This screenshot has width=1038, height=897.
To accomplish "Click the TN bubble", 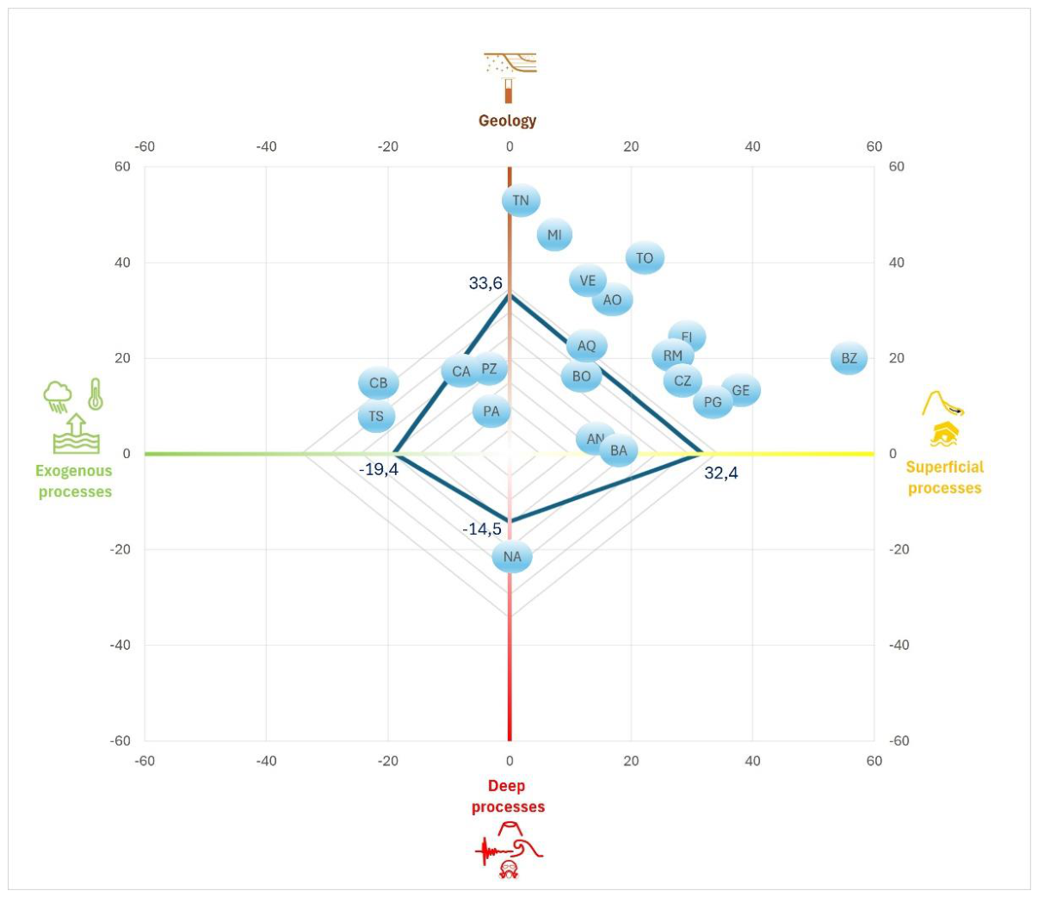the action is click(521, 201).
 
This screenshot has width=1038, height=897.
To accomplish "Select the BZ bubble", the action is click(849, 358).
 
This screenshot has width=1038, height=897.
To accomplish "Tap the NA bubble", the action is click(512, 556).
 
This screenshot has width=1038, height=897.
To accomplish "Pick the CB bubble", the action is click(379, 383).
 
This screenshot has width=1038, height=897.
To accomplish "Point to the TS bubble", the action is click(377, 417).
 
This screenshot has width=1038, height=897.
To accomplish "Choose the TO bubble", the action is click(645, 258).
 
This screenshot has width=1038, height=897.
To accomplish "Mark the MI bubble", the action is click(554, 234).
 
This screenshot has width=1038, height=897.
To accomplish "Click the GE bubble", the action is click(741, 390).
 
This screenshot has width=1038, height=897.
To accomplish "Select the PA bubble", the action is click(491, 411).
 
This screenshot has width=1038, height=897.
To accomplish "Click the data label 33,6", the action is click(485, 283).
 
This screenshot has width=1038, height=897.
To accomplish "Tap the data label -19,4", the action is click(379, 470).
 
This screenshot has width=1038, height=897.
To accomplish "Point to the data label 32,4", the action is click(721, 473).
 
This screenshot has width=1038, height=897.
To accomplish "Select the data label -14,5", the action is click(482, 529).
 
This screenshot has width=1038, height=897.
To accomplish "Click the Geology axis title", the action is click(507, 121).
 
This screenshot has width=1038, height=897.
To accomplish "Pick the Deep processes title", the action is click(508, 796).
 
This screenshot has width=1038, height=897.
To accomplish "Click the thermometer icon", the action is click(96, 394).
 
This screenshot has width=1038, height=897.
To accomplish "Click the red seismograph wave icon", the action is click(495, 851).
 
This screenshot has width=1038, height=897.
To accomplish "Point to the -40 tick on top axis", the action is click(266, 146).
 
